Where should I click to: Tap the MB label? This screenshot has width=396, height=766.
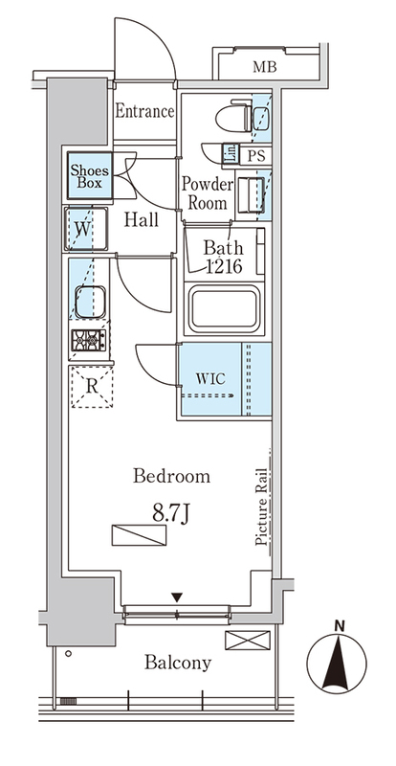[265, 66]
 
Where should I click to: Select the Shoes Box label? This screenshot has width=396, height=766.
[90, 177]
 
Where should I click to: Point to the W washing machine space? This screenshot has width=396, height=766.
[85, 229]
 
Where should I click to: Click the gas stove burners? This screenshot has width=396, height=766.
[89, 340]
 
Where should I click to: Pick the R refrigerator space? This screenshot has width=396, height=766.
[92, 387]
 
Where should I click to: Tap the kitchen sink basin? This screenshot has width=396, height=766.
[91, 302]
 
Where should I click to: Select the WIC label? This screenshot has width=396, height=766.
[210, 378]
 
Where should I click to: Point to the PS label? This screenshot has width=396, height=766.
[256, 156]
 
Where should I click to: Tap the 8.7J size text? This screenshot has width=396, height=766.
[171, 514]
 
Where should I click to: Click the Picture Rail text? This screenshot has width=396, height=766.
[260, 507]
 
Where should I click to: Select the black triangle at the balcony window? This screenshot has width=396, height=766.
[177, 597]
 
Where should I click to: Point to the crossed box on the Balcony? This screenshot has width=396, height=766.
[248, 640]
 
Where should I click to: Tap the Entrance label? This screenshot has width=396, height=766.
[144, 111]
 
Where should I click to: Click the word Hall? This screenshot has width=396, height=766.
[142, 220]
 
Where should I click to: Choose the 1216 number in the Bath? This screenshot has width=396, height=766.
[224, 266]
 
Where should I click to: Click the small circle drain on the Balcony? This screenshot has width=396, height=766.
[68, 653]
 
